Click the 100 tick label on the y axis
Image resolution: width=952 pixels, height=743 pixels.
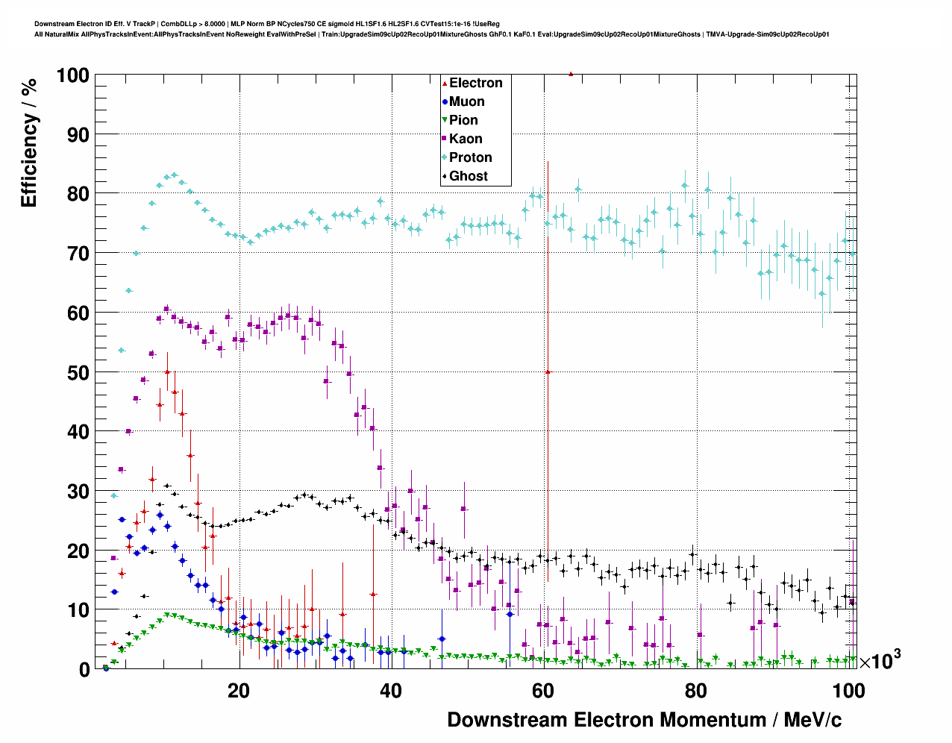(x=72, y=75)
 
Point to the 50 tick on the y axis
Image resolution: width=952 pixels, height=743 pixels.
(x=78, y=372)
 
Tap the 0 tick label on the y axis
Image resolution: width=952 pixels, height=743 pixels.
(x=84, y=669)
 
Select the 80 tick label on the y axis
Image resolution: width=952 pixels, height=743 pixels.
(x=78, y=194)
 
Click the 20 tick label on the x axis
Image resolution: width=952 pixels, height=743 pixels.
(x=239, y=691)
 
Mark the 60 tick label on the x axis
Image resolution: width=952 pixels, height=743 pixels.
(x=543, y=691)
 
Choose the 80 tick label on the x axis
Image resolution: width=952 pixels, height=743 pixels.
(x=695, y=691)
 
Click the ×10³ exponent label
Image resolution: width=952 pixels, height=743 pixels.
(x=880, y=661)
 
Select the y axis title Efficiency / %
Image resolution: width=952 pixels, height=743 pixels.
(x=29, y=142)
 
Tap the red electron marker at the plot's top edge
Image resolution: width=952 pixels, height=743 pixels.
(x=571, y=74)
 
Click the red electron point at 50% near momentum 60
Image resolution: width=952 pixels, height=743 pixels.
(x=548, y=371)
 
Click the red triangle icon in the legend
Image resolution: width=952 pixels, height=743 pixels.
(x=445, y=83)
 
